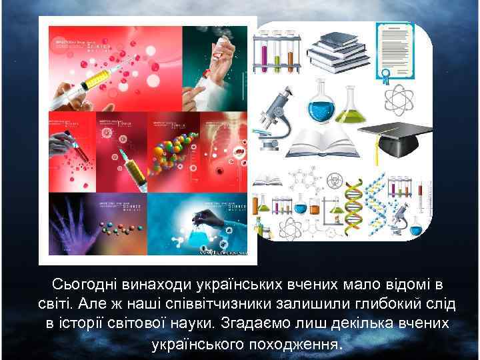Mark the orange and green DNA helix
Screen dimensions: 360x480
[353, 203]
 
